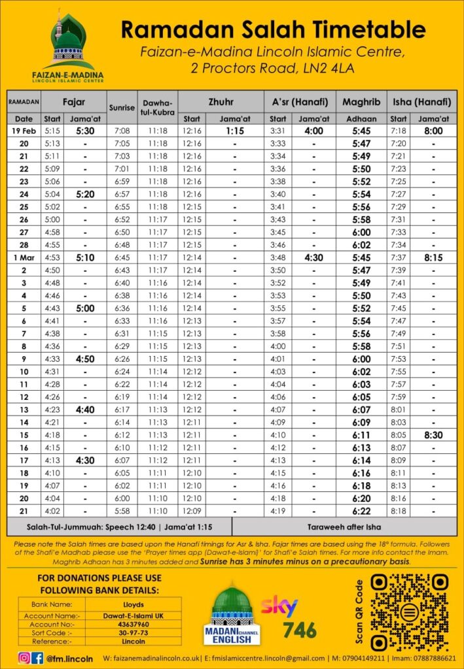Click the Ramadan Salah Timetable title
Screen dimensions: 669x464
coord(274,30)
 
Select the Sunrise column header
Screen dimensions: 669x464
coord(122,107)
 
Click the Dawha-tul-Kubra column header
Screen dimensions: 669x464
coord(158,107)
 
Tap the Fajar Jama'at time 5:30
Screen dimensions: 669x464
coord(85,131)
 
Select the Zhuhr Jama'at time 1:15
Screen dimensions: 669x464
coord(235,131)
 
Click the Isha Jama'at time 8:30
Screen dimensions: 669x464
coord(433,434)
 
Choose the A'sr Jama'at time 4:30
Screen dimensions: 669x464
coord(314,257)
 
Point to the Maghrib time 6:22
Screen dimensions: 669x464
coord(361,510)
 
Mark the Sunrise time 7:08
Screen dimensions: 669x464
coord(122,131)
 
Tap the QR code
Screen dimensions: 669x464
coord(409,612)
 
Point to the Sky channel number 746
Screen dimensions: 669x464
coord(300,630)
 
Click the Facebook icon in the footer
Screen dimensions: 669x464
coord(37,658)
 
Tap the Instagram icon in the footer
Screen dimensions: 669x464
coord(24,658)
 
